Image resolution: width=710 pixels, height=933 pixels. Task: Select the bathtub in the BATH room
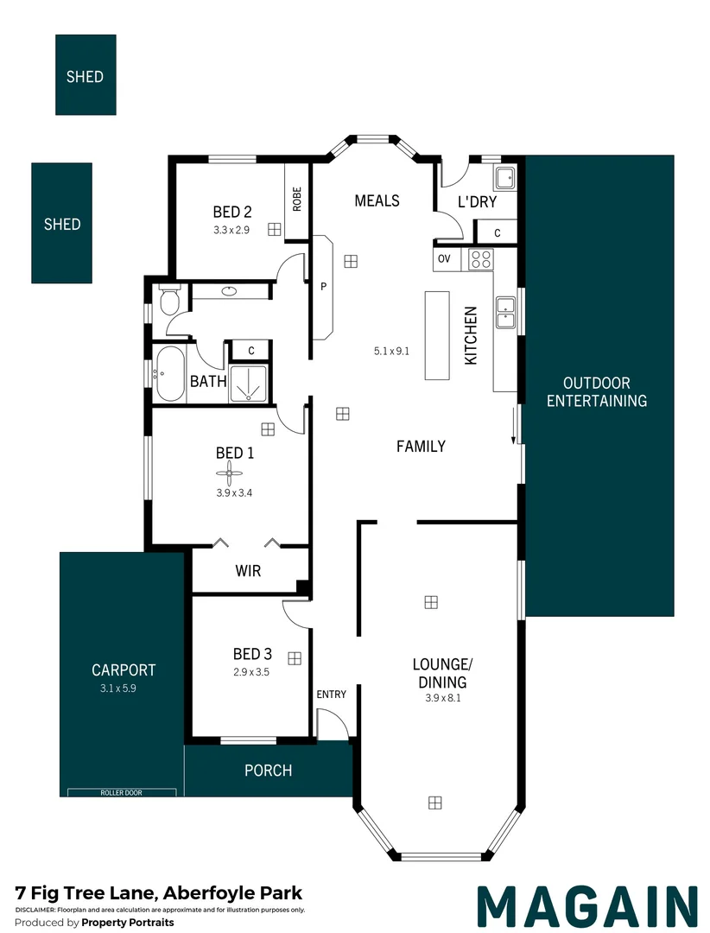click(169, 374)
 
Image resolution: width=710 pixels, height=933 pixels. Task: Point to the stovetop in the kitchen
click(479, 259)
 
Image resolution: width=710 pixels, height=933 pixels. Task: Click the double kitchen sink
click(505, 313)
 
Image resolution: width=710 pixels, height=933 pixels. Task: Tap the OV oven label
click(445, 258)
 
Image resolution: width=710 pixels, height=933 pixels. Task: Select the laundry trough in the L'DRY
click(505, 179)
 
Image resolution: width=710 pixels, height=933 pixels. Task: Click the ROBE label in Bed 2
click(297, 200)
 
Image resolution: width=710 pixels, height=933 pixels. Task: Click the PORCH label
click(268, 771)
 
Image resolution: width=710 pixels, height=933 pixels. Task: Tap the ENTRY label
click(331, 695)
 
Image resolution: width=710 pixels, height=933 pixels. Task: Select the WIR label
click(248, 571)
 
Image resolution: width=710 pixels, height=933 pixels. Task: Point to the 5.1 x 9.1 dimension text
click(391, 351)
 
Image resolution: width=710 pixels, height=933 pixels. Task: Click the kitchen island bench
click(437, 335)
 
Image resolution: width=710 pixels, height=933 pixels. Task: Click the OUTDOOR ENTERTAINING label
click(596, 391)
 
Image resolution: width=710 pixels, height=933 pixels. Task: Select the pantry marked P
click(322, 287)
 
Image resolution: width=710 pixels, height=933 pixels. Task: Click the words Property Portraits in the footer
click(127, 923)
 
